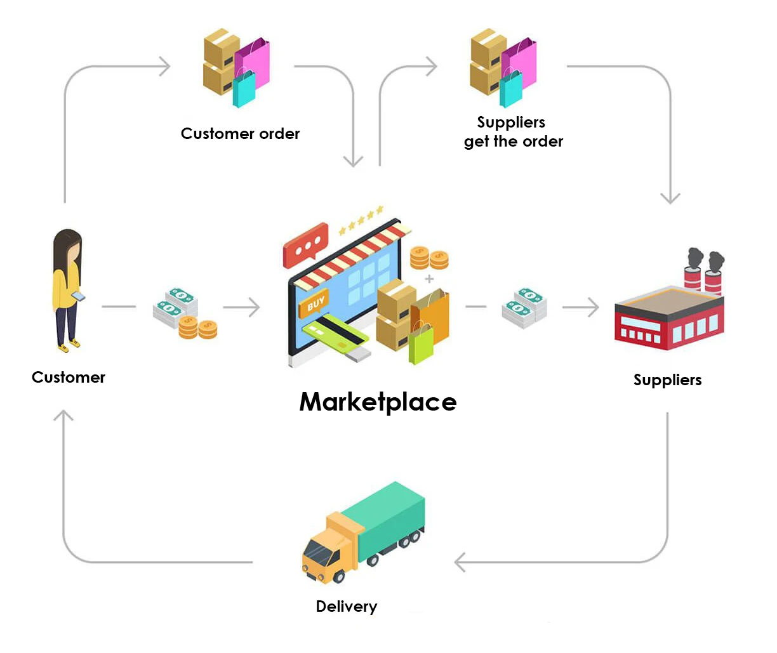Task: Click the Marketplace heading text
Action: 378,402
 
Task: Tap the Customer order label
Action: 240,134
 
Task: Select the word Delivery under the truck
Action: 346,607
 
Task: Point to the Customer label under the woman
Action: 69,378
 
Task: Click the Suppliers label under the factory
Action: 667,380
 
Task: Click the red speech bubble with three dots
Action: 305,245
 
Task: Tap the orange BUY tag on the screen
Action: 315,304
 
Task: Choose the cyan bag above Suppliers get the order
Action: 511,88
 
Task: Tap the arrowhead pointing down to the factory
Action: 670,198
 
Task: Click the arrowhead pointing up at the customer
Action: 63,416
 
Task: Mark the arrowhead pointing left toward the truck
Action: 460,562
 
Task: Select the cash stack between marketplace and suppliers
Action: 524,308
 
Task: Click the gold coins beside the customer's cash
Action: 197,327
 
